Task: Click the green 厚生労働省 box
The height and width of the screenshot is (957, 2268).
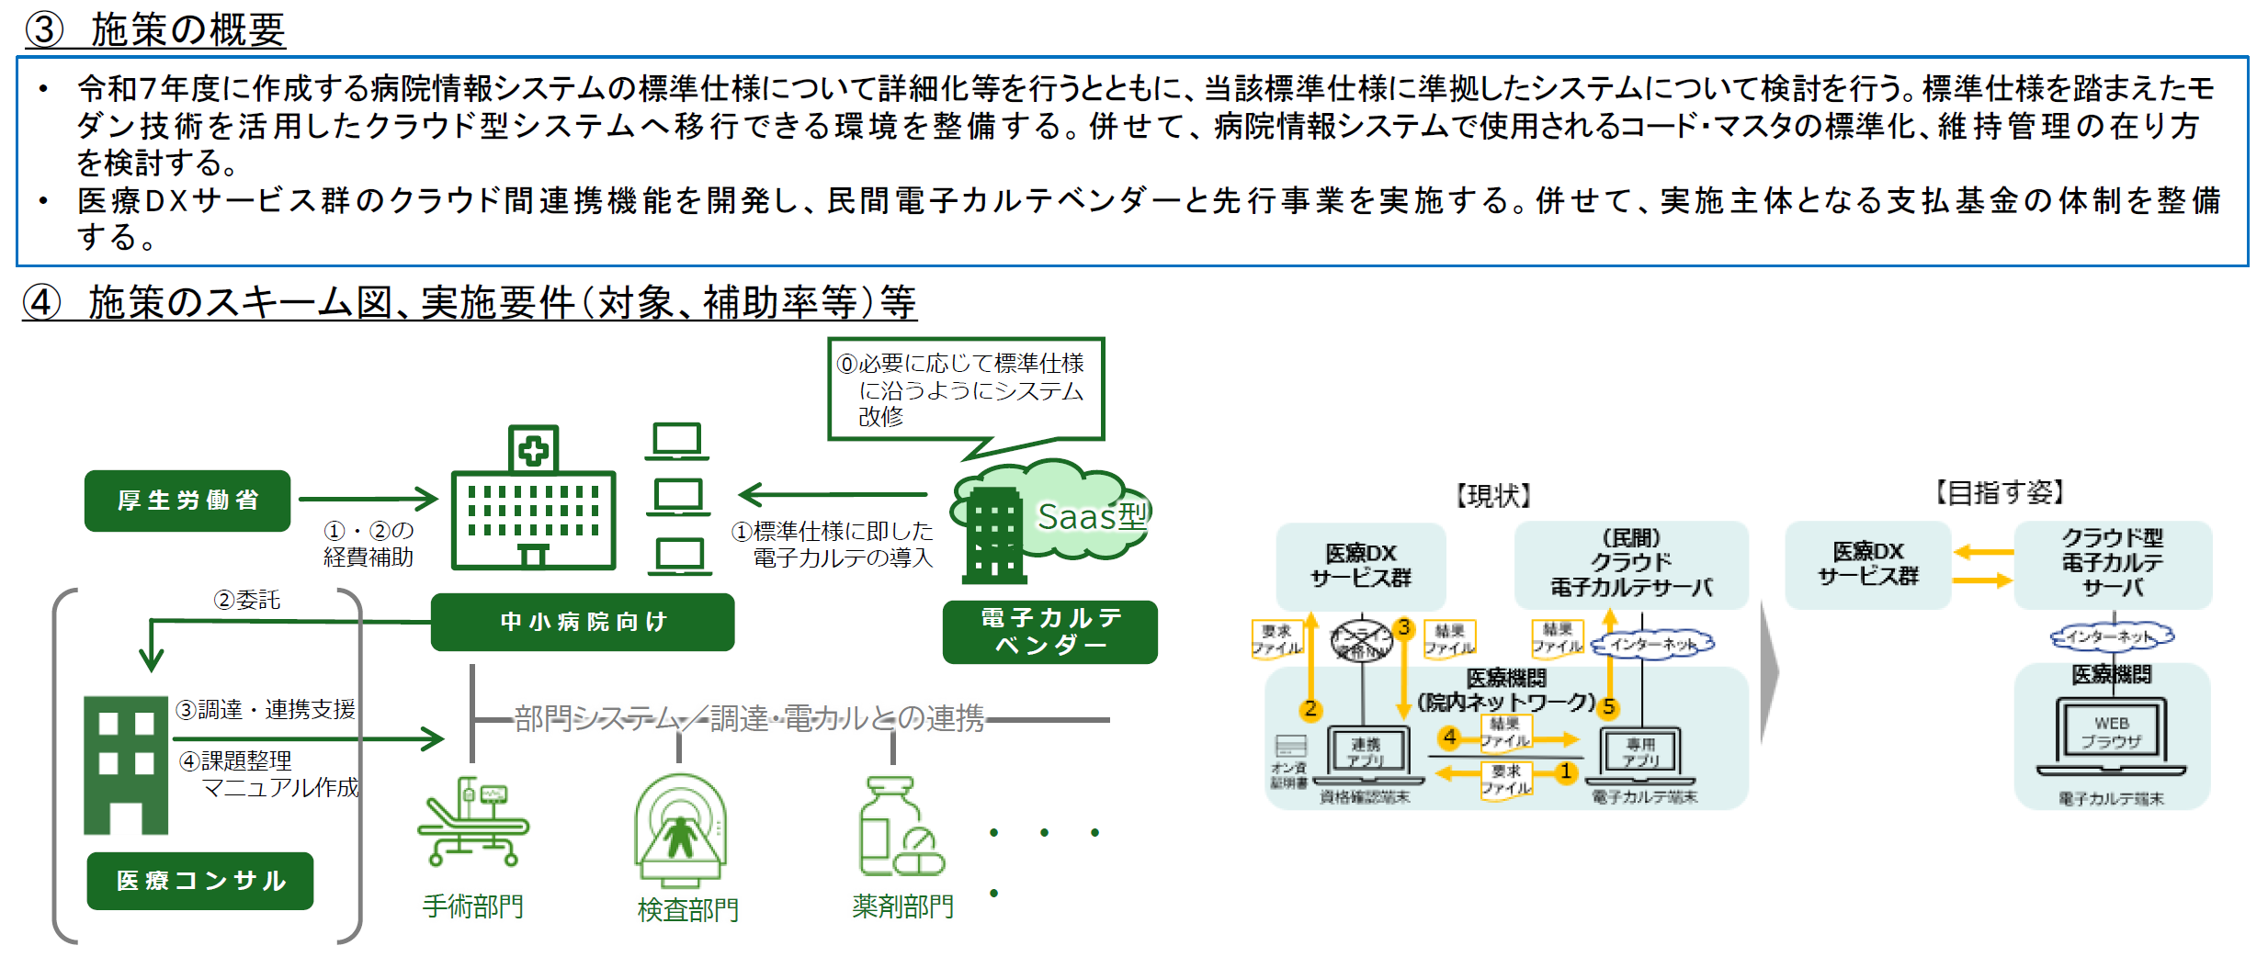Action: tap(187, 501)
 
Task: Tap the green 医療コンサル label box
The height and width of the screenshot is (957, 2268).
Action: tap(200, 881)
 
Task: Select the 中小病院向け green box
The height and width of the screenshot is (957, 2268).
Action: tap(583, 622)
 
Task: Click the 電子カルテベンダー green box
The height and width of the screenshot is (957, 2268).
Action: tap(1049, 631)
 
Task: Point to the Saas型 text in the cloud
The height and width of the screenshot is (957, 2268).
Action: tap(1092, 517)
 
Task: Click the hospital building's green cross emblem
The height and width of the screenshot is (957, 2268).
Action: tap(533, 450)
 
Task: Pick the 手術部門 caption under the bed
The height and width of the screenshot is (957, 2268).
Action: tap(472, 906)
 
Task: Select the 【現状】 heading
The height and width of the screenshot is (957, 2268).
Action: tap(1492, 496)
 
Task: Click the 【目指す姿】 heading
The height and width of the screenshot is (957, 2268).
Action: tap(2000, 493)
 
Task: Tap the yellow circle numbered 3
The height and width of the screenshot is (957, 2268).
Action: tap(1403, 628)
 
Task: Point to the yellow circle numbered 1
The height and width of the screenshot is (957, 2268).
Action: tap(1565, 772)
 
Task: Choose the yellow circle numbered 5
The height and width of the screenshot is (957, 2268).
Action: tap(1608, 707)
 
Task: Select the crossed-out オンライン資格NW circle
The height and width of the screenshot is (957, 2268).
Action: tap(1362, 639)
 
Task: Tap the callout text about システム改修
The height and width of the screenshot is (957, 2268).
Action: tap(965, 389)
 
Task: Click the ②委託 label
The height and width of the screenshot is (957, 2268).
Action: tap(246, 600)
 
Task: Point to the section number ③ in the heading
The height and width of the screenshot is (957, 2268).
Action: tap(43, 29)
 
